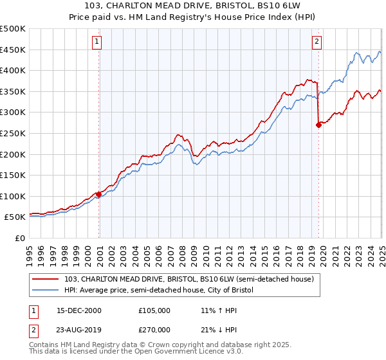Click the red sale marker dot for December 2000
pos(99,194)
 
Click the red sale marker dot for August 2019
pos(318,125)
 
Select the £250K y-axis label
pos(13,133)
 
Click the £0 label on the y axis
pos(20,238)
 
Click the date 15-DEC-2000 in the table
pos(79,310)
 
